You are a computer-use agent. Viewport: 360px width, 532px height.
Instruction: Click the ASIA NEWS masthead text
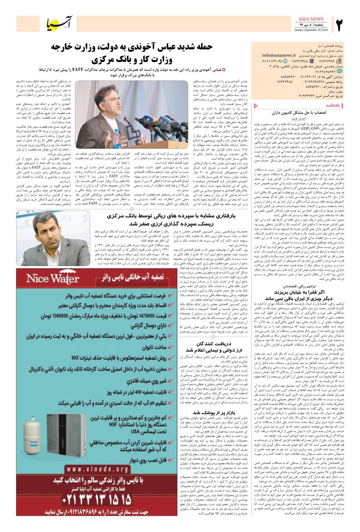(x=311, y=19)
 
